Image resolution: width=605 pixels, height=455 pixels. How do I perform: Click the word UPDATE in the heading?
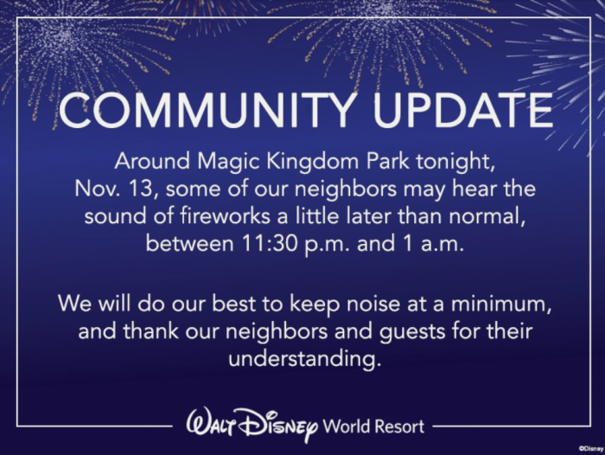coord(463,110)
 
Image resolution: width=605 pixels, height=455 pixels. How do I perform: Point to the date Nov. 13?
coord(115,189)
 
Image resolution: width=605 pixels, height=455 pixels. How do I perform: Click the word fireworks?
coord(225,216)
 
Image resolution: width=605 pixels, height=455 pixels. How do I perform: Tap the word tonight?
coord(455,163)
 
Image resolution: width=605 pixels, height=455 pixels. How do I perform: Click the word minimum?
coord(500,304)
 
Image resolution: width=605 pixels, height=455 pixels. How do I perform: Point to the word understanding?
coord(304,359)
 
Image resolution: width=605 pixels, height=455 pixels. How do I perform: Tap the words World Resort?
coord(373,426)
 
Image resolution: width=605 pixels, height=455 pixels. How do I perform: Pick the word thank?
coord(151,332)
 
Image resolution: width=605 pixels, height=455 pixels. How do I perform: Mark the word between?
coord(190,244)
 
